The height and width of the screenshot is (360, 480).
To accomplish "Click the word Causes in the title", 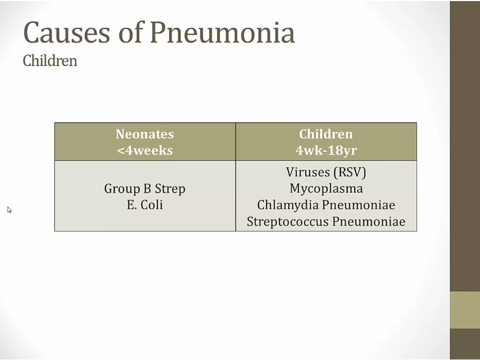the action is click(x=67, y=32).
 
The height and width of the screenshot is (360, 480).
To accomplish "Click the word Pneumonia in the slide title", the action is click(x=222, y=32).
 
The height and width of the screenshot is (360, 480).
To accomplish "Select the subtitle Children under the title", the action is click(x=50, y=61).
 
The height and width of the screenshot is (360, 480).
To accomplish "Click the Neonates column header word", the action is click(x=145, y=134).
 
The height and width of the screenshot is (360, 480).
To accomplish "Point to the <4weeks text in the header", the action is click(x=145, y=150).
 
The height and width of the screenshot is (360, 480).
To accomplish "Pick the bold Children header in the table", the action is click(x=326, y=134).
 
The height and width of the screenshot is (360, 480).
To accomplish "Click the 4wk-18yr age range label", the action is click(x=326, y=150).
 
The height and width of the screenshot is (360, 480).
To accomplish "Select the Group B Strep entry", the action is click(x=145, y=189).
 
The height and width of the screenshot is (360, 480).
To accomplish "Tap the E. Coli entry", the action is click(x=145, y=205).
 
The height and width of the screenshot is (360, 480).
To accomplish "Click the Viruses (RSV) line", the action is click(x=326, y=172).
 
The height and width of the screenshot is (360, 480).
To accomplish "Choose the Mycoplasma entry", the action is click(x=326, y=189).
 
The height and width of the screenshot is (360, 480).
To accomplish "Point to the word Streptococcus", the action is click(x=288, y=222).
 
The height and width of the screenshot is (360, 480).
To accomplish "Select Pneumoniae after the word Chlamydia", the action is click(x=359, y=205).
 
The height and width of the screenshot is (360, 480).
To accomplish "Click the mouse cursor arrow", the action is click(x=10, y=210).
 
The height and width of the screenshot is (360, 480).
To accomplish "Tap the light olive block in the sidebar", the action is click(x=465, y=310).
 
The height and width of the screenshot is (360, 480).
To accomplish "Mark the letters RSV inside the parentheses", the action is click(x=350, y=172).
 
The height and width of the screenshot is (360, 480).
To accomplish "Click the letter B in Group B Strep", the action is click(x=147, y=188).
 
